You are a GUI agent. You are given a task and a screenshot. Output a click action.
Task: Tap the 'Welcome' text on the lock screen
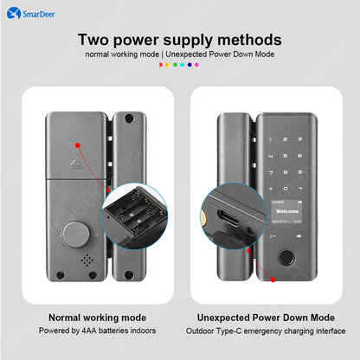click(286, 209)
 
